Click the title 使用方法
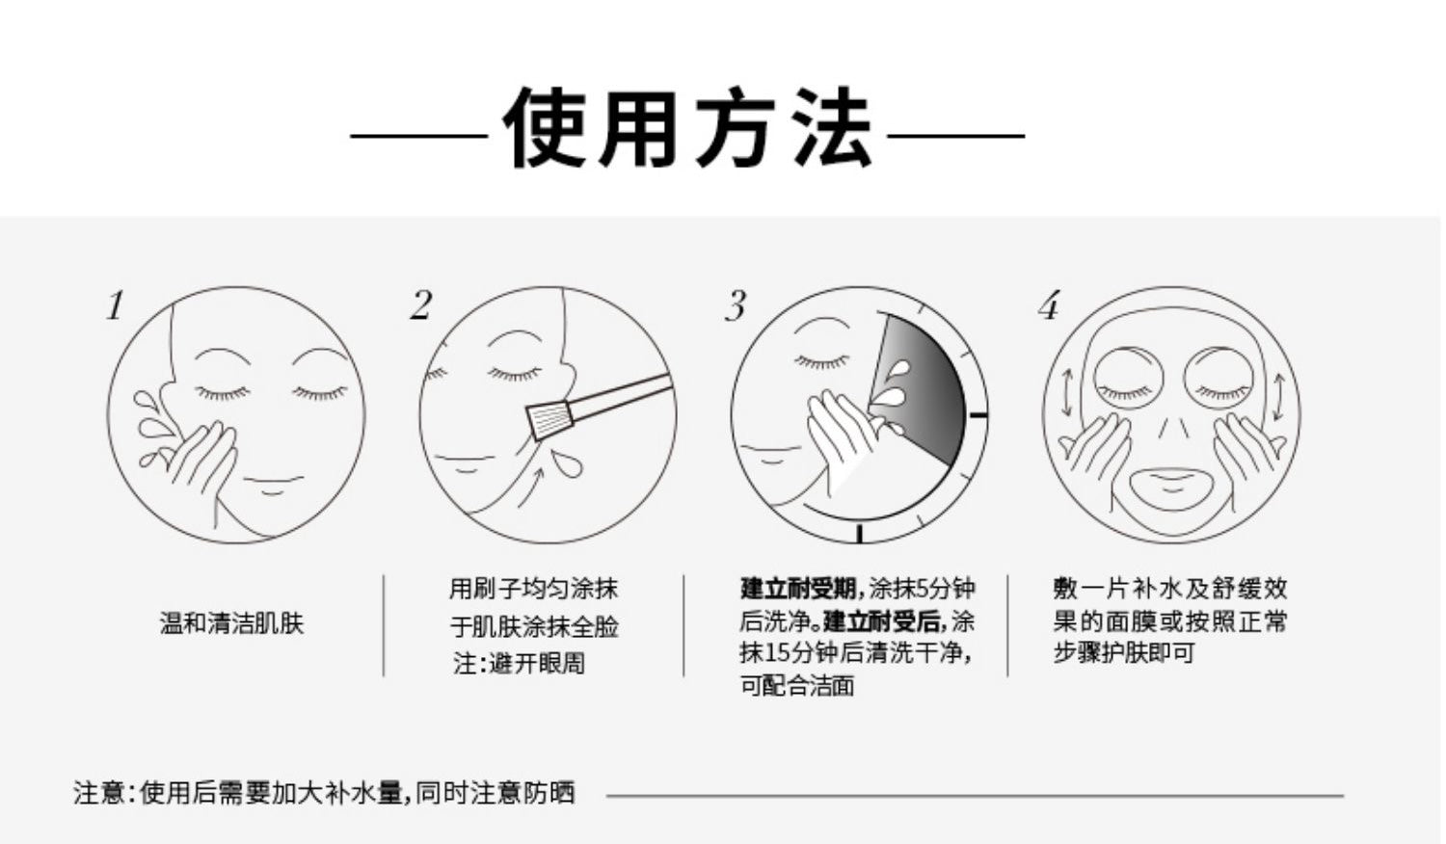[688, 127]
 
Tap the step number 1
[116, 305]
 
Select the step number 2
[421, 305]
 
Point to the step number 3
[736, 305]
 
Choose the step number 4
[1049, 305]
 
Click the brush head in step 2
[550, 421]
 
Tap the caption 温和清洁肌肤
[231, 623]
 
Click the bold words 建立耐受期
[798, 589]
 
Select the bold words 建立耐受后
[882, 621]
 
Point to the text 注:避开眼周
[519, 663]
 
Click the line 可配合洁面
[797, 685]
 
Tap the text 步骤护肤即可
[1125, 652]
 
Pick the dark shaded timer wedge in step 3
[924, 387]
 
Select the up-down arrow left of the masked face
[1066, 392]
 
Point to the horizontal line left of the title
[419, 136]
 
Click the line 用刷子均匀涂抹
[533, 589]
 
